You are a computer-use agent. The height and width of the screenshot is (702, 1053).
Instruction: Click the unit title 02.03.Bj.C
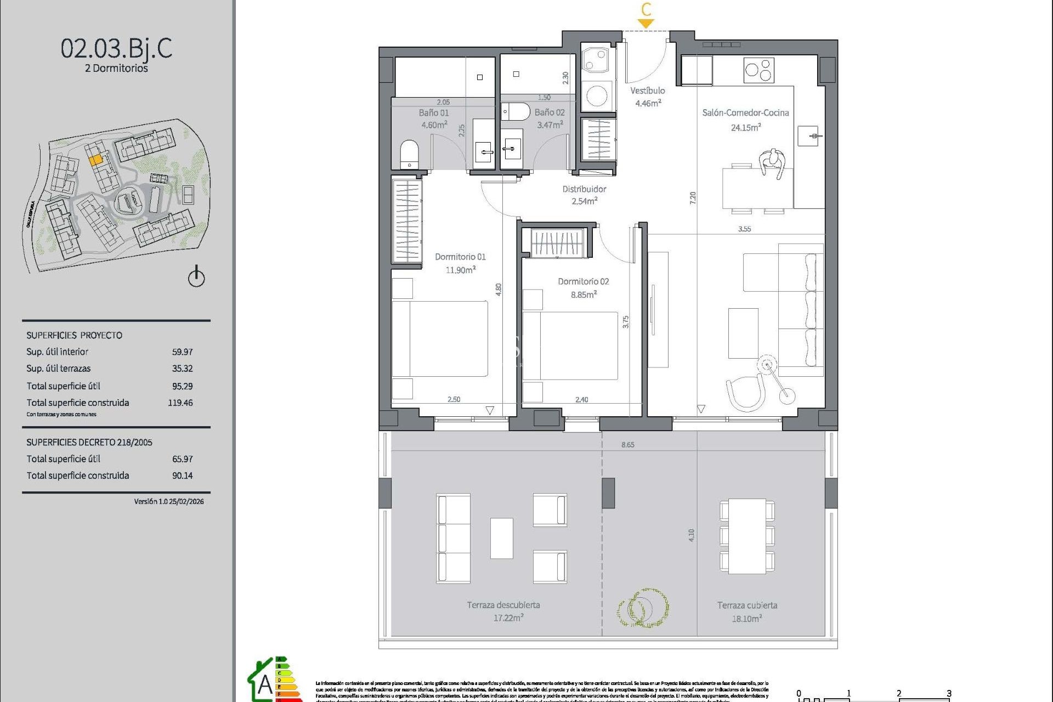click(x=116, y=48)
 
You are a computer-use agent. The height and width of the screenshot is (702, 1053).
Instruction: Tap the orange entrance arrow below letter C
click(x=646, y=24)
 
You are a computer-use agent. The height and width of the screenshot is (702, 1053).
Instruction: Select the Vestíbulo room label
click(x=647, y=90)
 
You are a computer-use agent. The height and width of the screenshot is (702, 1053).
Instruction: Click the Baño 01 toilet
click(x=409, y=154)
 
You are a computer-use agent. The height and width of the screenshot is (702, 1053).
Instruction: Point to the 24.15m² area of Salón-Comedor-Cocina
click(x=745, y=127)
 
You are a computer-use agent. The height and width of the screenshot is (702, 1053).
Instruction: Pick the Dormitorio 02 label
click(x=583, y=281)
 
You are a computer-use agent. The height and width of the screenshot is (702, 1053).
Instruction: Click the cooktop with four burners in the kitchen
click(x=758, y=70)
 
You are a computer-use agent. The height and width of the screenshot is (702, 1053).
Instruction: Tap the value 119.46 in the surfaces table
click(x=180, y=403)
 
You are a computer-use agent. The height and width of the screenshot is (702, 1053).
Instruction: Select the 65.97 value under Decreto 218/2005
click(x=182, y=459)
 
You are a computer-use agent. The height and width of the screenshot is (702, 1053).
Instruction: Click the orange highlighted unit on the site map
click(x=95, y=160)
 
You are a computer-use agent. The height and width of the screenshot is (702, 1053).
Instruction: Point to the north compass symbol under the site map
click(x=196, y=277)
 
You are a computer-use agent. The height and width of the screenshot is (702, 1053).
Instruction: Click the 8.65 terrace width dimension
click(x=627, y=445)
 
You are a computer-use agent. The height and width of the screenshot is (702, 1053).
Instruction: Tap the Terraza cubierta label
click(x=747, y=605)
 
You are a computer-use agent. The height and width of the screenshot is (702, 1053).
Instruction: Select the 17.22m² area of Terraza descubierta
click(x=508, y=618)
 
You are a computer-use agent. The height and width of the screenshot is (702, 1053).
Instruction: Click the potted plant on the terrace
click(x=642, y=608)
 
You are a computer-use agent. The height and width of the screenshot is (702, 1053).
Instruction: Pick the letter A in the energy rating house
click(x=265, y=684)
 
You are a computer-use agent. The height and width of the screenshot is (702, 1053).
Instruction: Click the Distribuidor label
click(x=584, y=189)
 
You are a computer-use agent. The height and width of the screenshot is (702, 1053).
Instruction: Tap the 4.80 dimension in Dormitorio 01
click(x=499, y=290)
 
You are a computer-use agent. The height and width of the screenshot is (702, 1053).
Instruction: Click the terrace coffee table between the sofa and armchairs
click(x=501, y=538)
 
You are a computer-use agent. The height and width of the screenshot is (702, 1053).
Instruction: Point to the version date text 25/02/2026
click(x=186, y=501)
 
